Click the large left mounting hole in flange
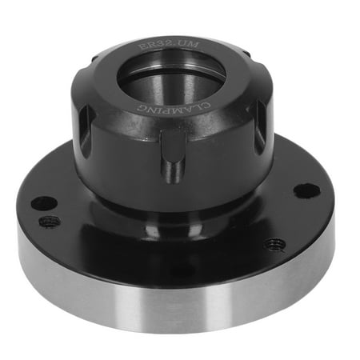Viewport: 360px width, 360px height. [x=44, y=203]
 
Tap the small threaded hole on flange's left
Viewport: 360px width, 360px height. [x=50, y=221]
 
